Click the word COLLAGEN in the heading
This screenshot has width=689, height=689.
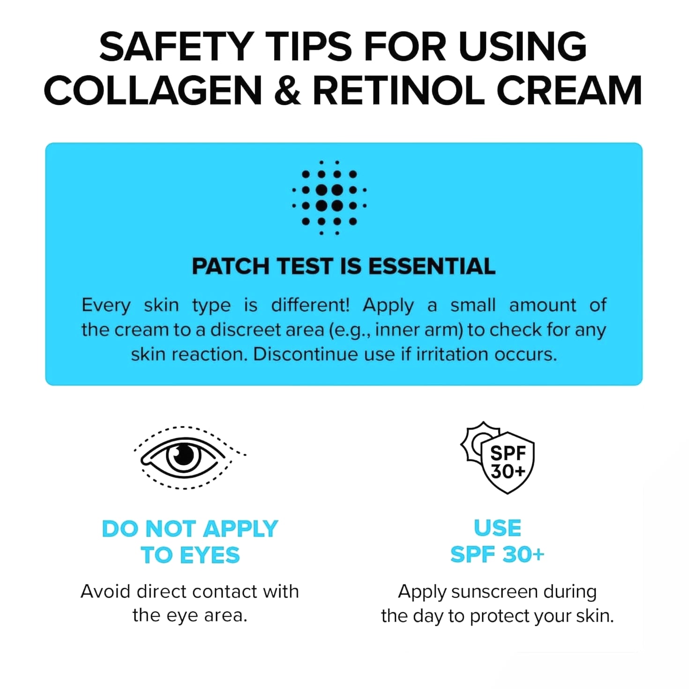point(153,90)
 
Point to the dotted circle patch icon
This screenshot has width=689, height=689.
point(329,198)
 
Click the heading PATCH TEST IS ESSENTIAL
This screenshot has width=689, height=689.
point(344,266)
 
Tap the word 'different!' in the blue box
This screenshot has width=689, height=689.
point(310,305)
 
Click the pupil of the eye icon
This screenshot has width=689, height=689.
point(184,456)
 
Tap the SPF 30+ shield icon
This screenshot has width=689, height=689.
point(507,463)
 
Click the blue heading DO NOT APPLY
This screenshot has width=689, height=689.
point(190,529)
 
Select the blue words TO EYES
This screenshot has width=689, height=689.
point(190,555)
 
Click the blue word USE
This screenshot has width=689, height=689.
point(497,528)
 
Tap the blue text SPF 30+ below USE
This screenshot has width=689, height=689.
point(497,554)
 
